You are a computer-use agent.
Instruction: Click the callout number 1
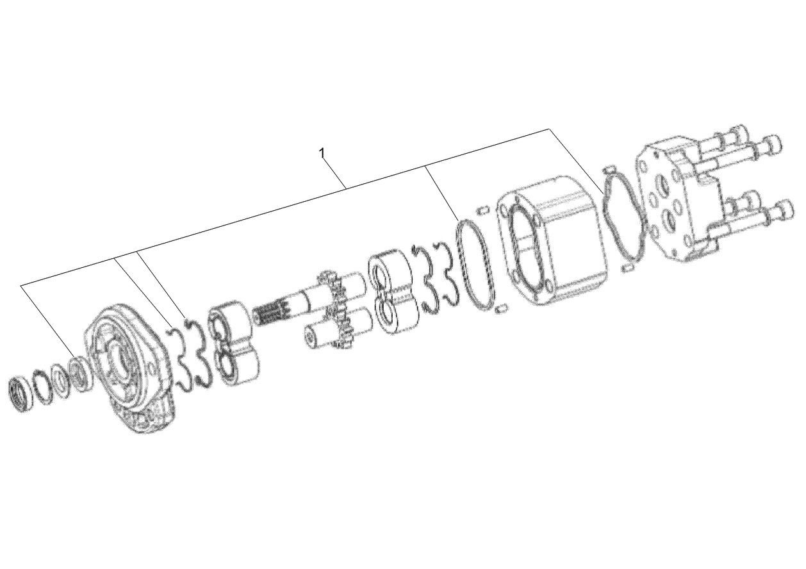pyautogui.click(x=322, y=153)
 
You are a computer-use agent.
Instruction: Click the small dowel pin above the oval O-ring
pyautogui.click(x=484, y=210)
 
